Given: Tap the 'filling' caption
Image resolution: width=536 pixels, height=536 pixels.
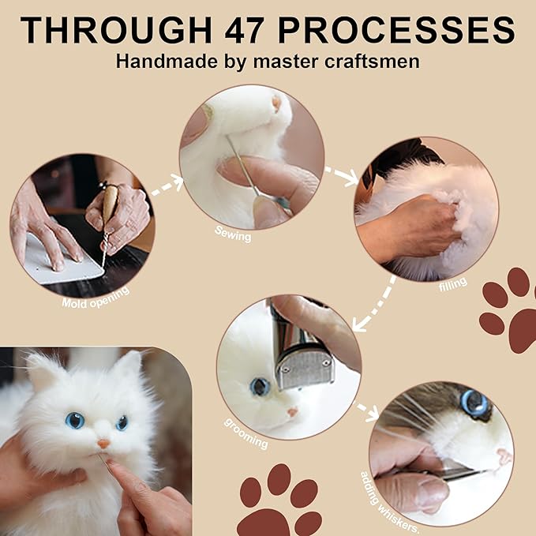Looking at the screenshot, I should [x=453, y=282].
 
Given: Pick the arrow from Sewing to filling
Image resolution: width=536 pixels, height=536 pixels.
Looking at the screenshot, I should [x=342, y=174].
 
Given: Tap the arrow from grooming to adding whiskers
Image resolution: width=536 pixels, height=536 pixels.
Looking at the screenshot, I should [x=364, y=409].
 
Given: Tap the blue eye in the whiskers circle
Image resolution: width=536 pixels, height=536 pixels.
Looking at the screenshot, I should [x=474, y=403].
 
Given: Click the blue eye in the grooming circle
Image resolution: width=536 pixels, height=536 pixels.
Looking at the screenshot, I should [x=259, y=386].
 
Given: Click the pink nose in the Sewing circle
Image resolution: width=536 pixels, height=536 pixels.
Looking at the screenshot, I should [x=276, y=103].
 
